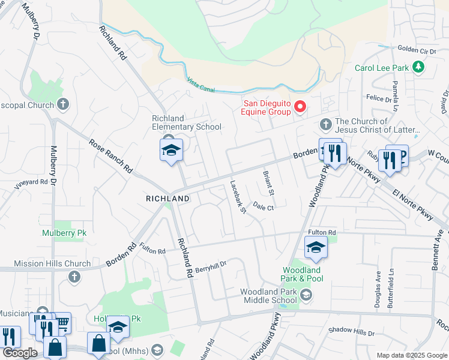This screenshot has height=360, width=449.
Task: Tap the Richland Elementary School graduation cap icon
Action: coord(171,150)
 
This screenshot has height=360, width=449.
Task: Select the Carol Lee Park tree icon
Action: coord(420,68)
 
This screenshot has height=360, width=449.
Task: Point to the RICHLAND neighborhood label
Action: coord(168,198)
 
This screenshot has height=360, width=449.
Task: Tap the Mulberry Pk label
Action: coord(61,233)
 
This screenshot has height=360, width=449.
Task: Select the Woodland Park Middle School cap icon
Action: coord(306,295)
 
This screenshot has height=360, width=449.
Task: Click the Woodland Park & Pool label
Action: coord(303,274)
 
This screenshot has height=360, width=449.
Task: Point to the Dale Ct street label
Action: coord(263,207)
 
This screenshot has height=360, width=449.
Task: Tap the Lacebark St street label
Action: coord(237,197)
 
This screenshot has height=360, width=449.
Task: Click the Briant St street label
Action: coord(268,184)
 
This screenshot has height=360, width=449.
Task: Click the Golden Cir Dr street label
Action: coord(416,50)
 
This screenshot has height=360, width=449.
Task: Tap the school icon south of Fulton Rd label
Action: coord(316,248)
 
